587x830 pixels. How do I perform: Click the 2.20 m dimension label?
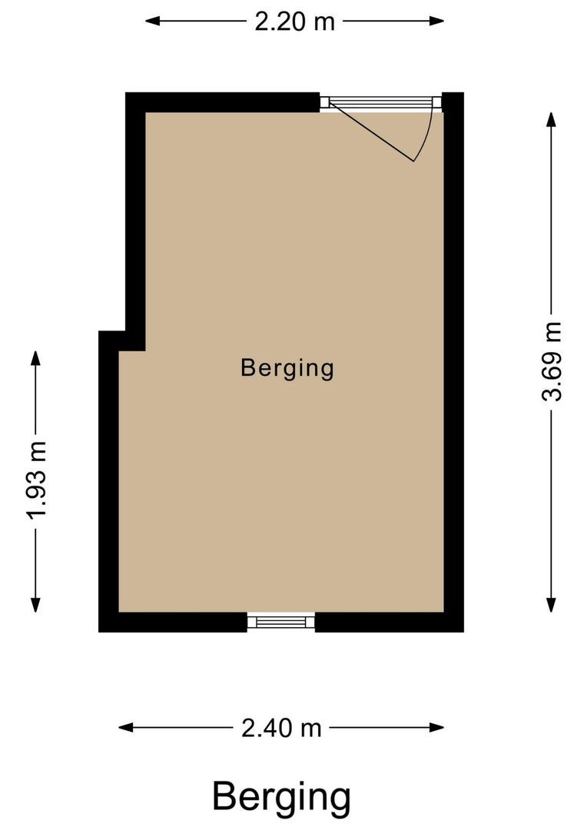pyautogui.click(x=295, y=21)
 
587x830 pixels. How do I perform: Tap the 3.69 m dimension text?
pyautogui.click(x=552, y=361)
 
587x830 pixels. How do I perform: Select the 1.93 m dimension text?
pyautogui.click(x=35, y=480)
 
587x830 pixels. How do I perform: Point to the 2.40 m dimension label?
pyautogui.click(x=281, y=727)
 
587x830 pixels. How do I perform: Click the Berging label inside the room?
pyautogui.click(x=287, y=368)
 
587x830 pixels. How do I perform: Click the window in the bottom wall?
pyautogui.click(x=281, y=622)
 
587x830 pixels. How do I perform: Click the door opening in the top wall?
pyautogui.click(x=381, y=102)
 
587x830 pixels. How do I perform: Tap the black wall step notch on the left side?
pyautogui.click(x=123, y=340)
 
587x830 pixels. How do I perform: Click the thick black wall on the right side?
pyautogui.click(x=454, y=361)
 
